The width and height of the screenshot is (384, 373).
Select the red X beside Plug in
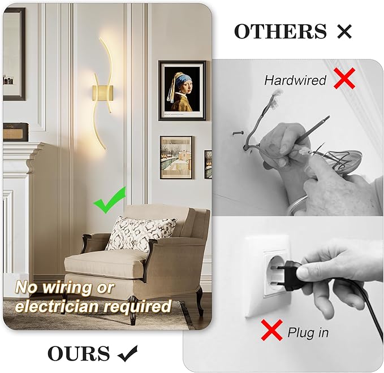click(272, 330)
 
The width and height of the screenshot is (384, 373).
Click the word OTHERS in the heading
click(281, 32)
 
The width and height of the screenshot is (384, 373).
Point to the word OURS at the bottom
click(78, 354)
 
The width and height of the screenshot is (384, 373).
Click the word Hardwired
click(295, 80)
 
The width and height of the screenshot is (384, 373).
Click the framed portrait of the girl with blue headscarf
click(182, 90)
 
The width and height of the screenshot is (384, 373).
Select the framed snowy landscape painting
click(176, 157)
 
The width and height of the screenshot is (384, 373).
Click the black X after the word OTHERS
click(344, 32)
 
